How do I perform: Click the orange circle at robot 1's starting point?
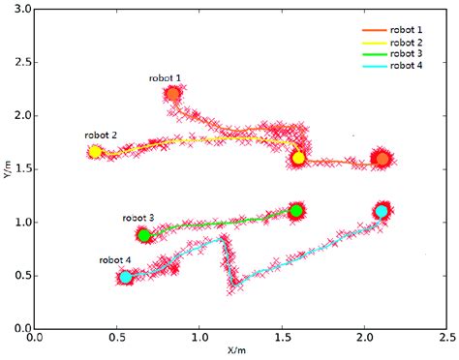coord(173,94)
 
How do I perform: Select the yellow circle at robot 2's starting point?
coord(95,152)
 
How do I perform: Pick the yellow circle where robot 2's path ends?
coord(298,158)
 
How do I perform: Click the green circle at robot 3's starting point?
coord(144,235)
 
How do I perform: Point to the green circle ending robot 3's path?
coord(296,211)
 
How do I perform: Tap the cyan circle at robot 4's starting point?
coord(125,277)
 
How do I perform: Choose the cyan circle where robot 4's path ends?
coord(382,211)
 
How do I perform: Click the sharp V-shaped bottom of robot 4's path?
coord(233,283)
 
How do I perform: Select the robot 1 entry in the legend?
coord(397,29)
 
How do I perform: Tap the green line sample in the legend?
coord(365,54)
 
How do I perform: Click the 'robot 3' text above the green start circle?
coord(139,219)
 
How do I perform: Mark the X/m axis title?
coord(240,350)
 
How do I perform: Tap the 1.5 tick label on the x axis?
coord(282,338)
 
